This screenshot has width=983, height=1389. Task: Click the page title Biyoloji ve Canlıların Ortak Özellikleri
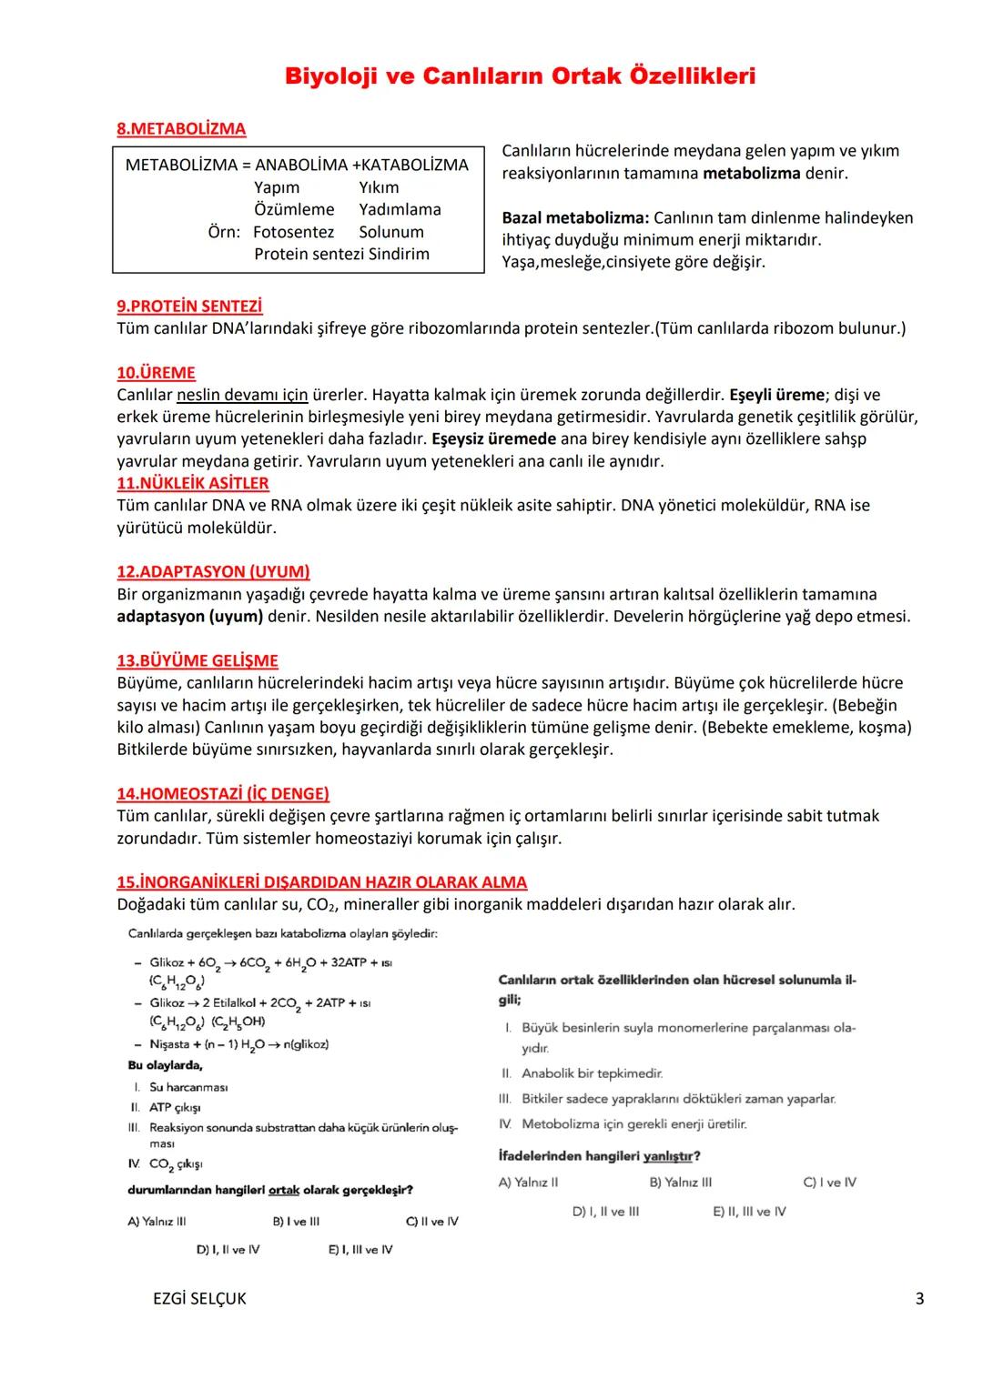click(x=520, y=76)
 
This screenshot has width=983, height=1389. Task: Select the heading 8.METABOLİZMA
click(x=181, y=129)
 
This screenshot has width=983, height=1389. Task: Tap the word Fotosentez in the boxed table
click(x=293, y=232)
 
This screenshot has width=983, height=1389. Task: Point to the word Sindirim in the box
click(x=397, y=255)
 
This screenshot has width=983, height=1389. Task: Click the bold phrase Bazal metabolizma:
click(x=575, y=218)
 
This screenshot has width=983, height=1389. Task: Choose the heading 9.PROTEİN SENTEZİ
click(x=189, y=307)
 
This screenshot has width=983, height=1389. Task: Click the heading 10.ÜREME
click(x=156, y=373)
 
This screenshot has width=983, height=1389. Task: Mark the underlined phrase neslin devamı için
click(x=242, y=396)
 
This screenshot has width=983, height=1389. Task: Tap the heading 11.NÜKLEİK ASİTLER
click(x=193, y=483)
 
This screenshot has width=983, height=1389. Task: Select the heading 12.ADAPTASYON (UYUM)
click(x=213, y=572)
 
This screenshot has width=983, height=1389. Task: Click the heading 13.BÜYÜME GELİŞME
click(x=198, y=661)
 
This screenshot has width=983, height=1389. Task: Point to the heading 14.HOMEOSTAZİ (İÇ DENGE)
click(x=223, y=794)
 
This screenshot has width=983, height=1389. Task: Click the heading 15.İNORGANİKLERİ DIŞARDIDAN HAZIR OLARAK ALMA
click(x=321, y=882)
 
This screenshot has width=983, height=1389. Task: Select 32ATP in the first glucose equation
click(x=344, y=962)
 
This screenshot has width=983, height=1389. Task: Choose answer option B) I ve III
click(x=296, y=1222)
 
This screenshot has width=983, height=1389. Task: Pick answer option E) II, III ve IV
click(x=749, y=1212)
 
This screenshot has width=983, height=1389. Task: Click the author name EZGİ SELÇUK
click(x=199, y=1299)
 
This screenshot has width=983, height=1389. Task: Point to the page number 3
click(x=919, y=1299)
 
